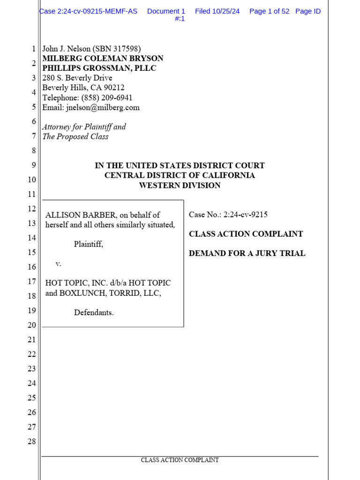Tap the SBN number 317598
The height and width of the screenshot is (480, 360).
[126, 49]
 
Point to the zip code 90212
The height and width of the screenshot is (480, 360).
[113, 88]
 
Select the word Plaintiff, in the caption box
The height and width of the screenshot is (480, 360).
[89, 244]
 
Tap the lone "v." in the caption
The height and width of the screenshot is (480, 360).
[59, 264]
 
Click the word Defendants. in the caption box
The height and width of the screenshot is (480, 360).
[94, 313]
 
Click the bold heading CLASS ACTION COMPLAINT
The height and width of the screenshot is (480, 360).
[246, 234]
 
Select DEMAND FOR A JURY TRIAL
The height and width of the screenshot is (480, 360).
[247, 254]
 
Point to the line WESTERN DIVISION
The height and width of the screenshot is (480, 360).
[180, 185]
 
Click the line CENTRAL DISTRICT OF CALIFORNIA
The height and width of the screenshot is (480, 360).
[180, 175]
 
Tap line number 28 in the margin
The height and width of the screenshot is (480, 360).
[31, 441]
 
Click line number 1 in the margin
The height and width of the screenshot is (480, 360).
[33, 49]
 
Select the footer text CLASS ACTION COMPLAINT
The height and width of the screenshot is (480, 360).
[180, 460]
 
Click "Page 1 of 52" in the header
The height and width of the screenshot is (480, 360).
[269, 11]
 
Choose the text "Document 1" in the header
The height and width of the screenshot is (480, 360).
[166, 11]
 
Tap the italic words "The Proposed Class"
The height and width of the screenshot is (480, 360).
[75, 136]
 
